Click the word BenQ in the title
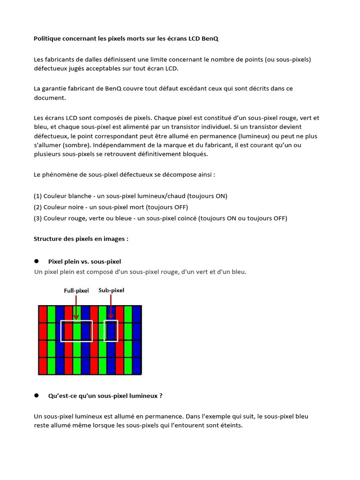(210, 39)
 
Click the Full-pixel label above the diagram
(76, 291)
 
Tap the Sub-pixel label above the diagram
(111, 290)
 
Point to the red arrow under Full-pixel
(76, 309)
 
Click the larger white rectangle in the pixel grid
(76, 331)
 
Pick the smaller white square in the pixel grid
(111, 331)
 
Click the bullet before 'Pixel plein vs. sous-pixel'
(36, 261)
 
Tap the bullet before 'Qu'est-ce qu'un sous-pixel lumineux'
(36, 396)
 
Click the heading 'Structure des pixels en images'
(81, 239)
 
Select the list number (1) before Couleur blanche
(37, 196)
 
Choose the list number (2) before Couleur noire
(37, 207)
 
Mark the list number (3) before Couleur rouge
(37, 218)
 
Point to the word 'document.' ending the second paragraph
(50, 98)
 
